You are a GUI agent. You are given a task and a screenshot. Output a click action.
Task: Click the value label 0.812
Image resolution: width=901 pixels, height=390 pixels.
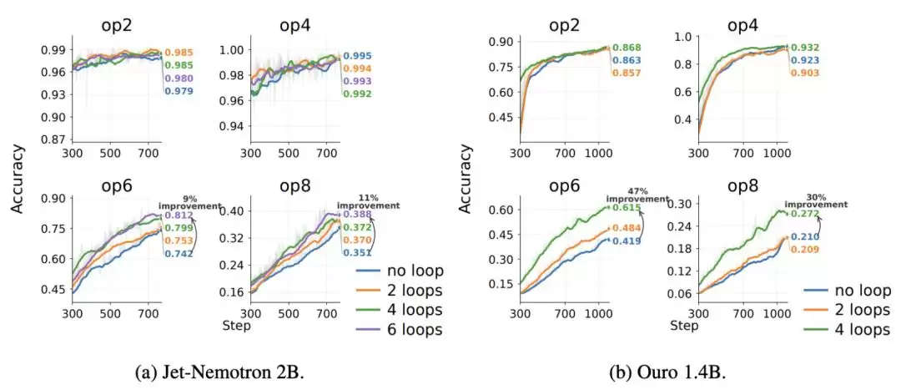coord(178,215)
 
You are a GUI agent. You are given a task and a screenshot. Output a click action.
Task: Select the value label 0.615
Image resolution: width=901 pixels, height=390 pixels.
coord(625,208)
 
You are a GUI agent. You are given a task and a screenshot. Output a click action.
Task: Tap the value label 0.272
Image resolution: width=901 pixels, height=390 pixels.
coord(803,214)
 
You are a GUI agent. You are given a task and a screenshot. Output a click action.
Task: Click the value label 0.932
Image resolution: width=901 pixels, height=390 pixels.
coord(804,48)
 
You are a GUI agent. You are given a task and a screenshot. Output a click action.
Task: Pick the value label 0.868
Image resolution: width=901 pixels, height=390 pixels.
coord(626,48)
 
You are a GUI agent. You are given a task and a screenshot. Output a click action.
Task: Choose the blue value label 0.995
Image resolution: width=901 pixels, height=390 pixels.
coord(357,56)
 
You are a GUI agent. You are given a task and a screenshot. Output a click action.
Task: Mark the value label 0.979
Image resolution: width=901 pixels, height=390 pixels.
coord(179,91)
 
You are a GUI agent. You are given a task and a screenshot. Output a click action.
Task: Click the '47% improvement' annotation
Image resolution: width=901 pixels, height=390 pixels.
coord(627,195)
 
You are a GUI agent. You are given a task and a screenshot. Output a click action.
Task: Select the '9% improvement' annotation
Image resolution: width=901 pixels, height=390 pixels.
coord(189,202)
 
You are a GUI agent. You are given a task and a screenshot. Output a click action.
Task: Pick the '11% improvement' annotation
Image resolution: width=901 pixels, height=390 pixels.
coord(368,201)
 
